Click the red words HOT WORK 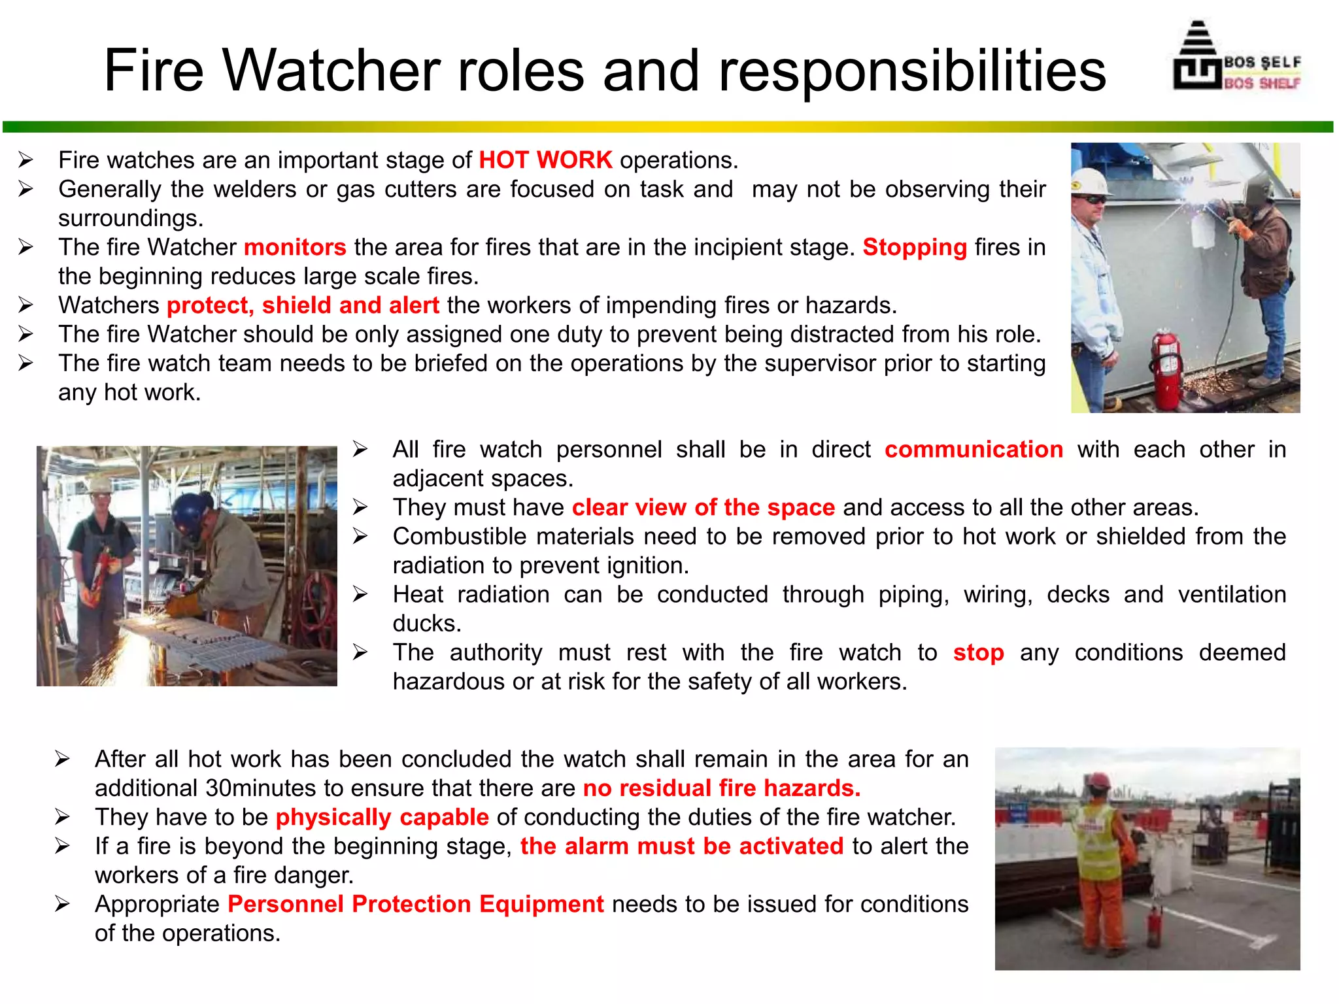pyautogui.click(x=545, y=160)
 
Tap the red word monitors pyautogui.click(x=295, y=247)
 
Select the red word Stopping pyautogui.click(x=914, y=247)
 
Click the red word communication pyautogui.click(x=974, y=450)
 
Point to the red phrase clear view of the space pyautogui.click(x=703, y=508)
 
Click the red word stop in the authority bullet pyautogui.click(x=978, y=653)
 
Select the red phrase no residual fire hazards pyautogui.click(x=722, y=788)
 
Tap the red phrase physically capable pyautogui.click(x=382, y=818)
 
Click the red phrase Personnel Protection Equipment pyautogui.click(x=416, y=905)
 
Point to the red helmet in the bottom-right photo pyautogui.click(x=1100, y=780)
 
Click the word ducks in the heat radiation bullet pyautogui.click(x=427, y=624)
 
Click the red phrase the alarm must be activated pyautogui.click(x=682, y=846)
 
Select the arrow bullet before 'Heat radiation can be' pyautogui.click(x=360, y=594)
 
